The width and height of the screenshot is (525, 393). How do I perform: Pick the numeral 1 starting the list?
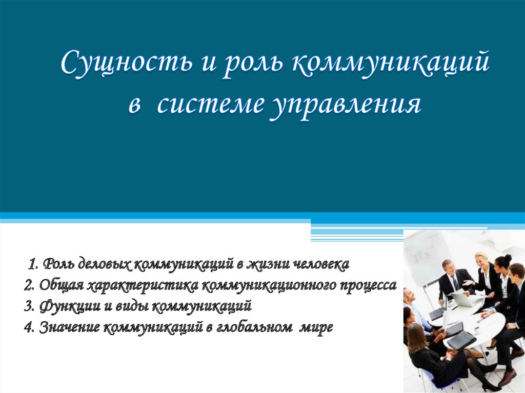coord(32,264)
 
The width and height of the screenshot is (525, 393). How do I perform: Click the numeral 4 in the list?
coord(28,327)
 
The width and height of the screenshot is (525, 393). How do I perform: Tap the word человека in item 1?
coord(321,264)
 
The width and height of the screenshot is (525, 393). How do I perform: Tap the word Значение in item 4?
coord(69,327)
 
